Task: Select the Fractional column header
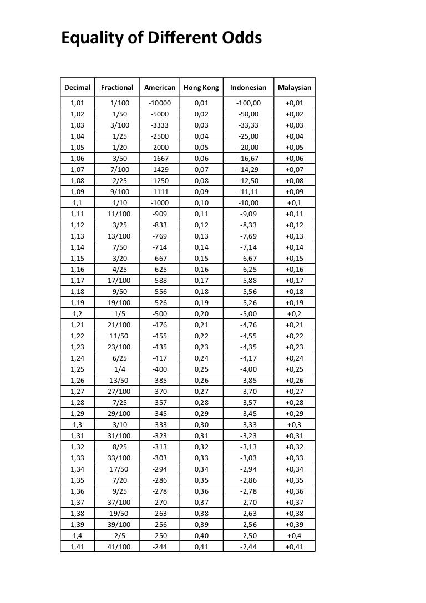(x=117, y=88)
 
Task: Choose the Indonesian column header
(x=248, y=88)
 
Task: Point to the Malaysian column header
(x=295, y=88)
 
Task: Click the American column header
(x=159, y=88)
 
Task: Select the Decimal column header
(x=78, y=88)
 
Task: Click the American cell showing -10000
(x=160, y=103)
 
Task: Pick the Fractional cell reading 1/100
(x=120, y=103)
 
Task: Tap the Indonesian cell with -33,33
(x=248, y=125)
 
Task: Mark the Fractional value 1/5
(x=120, y=313)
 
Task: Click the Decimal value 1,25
(x=78, y=369)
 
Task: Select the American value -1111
(x=160, y=192)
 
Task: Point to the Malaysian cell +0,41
(x=295, y=546)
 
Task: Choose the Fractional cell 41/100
(x=120, y=546)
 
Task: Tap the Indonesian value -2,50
(x=248, y=535)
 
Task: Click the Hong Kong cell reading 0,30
(x=201, y=424)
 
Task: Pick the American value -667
(x=160, y=259)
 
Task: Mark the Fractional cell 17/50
(x=120, y=469)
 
